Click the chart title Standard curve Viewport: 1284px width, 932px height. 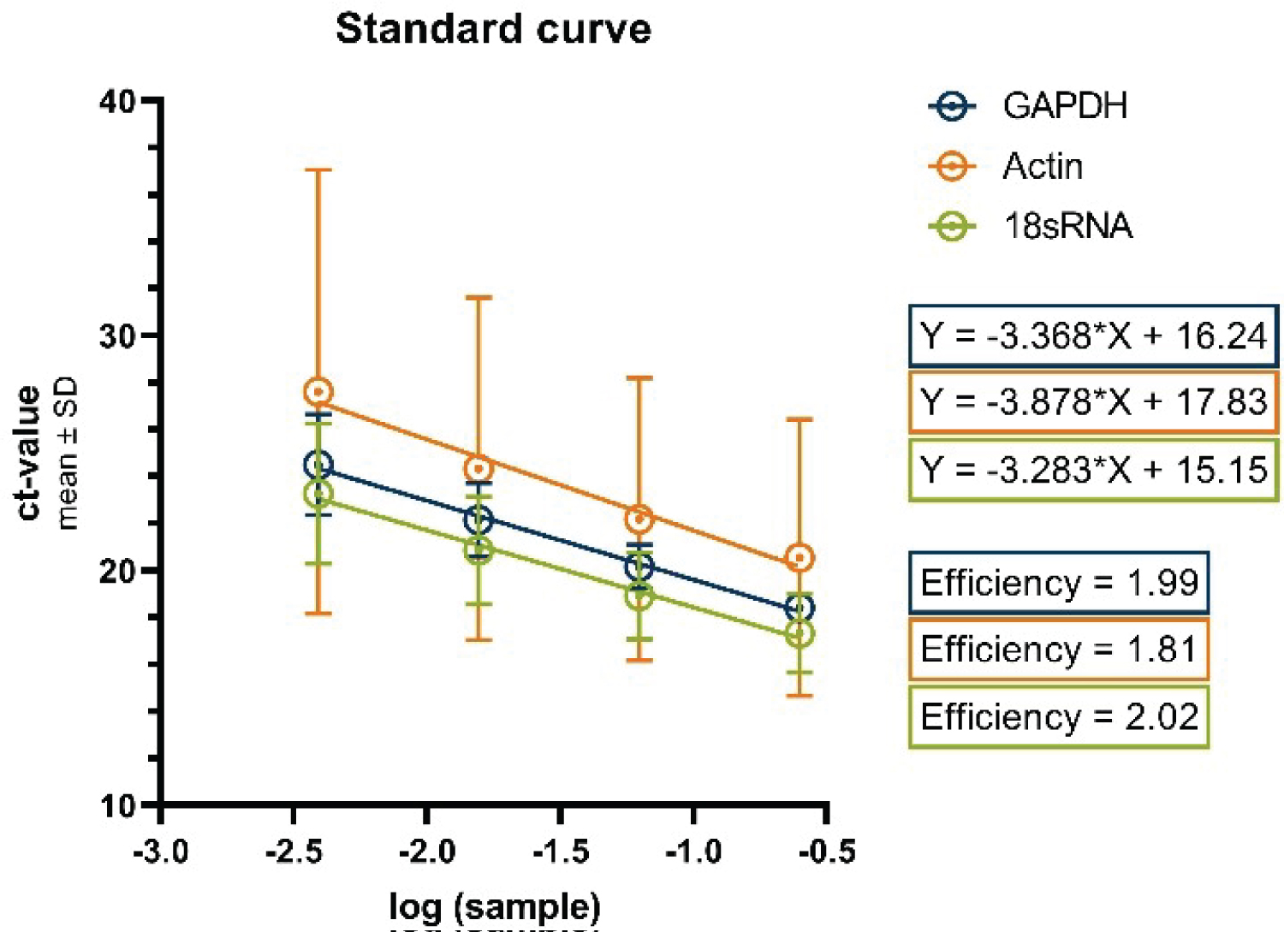click(493, 29)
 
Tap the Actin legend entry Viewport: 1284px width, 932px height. click(1042, 166)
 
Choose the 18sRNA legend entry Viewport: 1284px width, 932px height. click(1067, 226)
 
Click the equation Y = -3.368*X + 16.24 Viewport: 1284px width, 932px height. click(1093, 335)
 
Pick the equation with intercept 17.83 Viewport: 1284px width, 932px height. click(1093, 401)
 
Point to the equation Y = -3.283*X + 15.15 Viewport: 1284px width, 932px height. click(1093, 469)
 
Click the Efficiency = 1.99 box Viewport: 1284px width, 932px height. click(1059, 583)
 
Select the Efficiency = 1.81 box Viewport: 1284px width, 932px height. click(1059, 650)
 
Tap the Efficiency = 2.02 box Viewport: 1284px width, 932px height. click(1059, 717)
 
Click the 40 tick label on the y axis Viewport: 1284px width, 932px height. click(117, 102)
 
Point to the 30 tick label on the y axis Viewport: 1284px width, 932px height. click(117, 335)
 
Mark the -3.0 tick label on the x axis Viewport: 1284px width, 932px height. click(161, 852)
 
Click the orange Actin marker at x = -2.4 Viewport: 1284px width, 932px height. click(318, 392)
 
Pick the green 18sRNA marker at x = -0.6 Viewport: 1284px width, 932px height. click(800, 634)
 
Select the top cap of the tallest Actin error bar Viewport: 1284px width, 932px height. click(318, 170)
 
